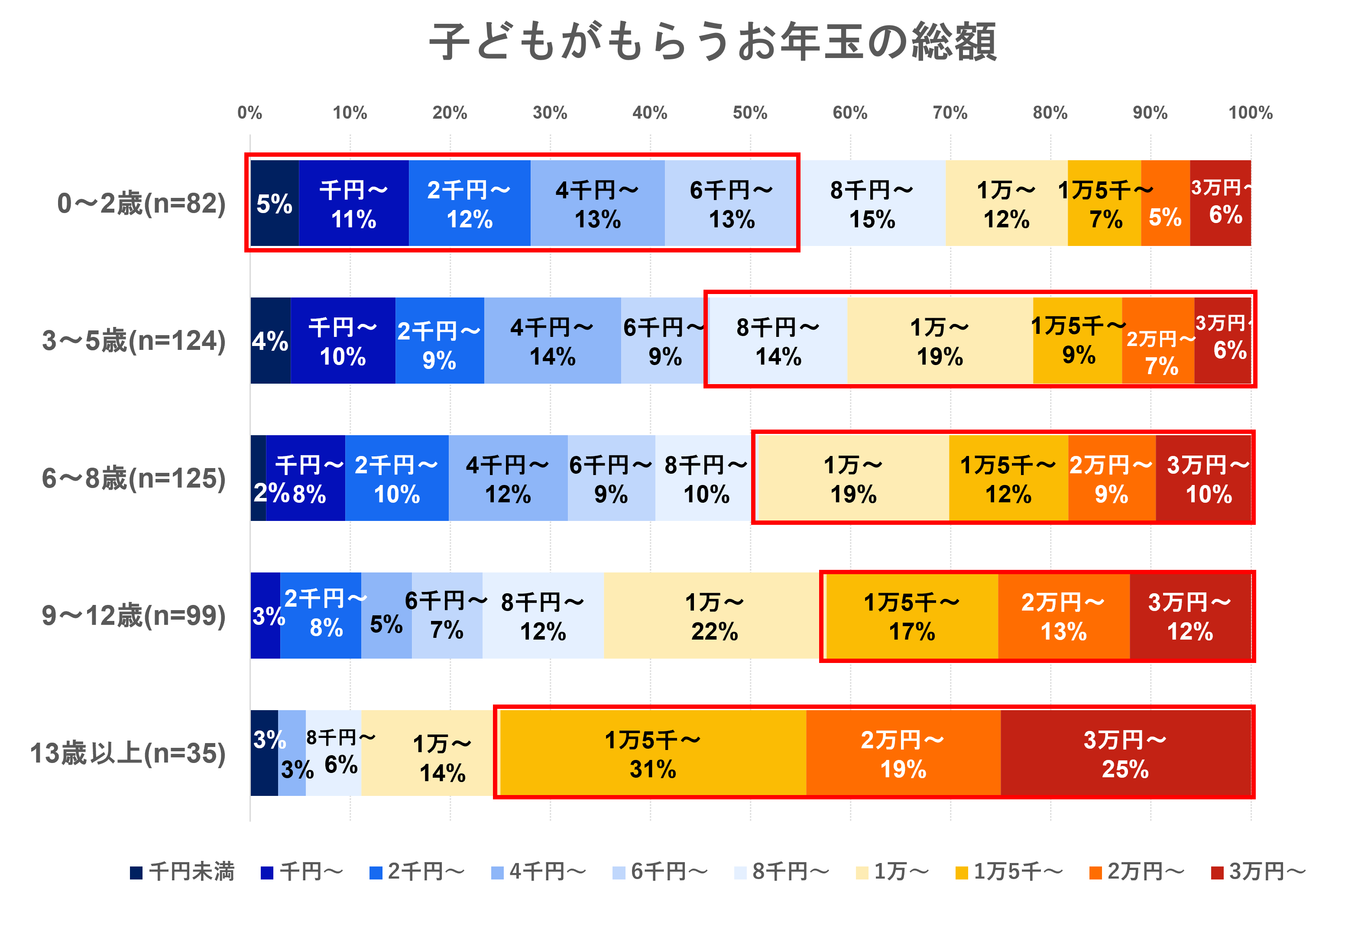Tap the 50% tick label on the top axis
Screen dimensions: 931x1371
point(750,113)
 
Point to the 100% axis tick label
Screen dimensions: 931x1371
point(1250,113)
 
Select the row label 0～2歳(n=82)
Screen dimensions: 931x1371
point(142,204)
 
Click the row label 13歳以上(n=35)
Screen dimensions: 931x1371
point(128,753)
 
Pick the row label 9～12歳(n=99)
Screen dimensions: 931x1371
point(134,616)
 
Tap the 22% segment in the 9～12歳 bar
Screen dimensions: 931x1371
point(714,616)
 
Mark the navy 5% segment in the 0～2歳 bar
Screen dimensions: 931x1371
point(274,204)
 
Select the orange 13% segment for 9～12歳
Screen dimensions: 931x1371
point(1063,616)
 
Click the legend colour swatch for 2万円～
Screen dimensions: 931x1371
point(1096,873)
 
